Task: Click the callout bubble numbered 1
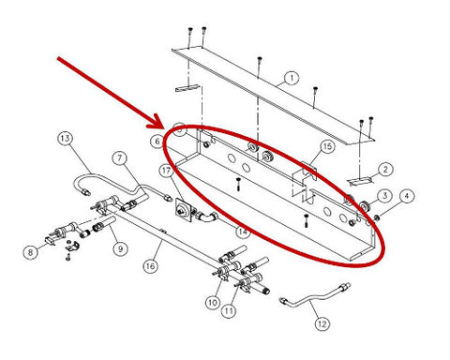click(x=292, y=78)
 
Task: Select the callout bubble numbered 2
click(x=385, y=170)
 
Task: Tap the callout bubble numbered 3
click(x=384, y=196)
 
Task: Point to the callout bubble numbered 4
click(x=406, y=197)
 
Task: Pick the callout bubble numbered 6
click(x=157, y=142)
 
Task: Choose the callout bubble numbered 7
click(x=120, y=158)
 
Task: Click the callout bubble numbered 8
click(x=31, y=252)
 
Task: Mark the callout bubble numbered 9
click(x=120, y=249)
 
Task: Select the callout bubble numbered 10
click(x=213, y=303)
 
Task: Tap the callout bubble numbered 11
click(x=229, y=310)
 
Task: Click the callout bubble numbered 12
click(x=322, y=323)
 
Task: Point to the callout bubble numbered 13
click(x=65, y=139)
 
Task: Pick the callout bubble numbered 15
click(x=327, y=146)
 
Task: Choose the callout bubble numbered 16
click(x=151, y=266)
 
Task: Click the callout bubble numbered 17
click(x=166, y=171)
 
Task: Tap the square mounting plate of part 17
click(x=183, y=210)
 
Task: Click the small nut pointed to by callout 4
click(x=377, y=217)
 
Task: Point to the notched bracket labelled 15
click(x=305, y=181)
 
